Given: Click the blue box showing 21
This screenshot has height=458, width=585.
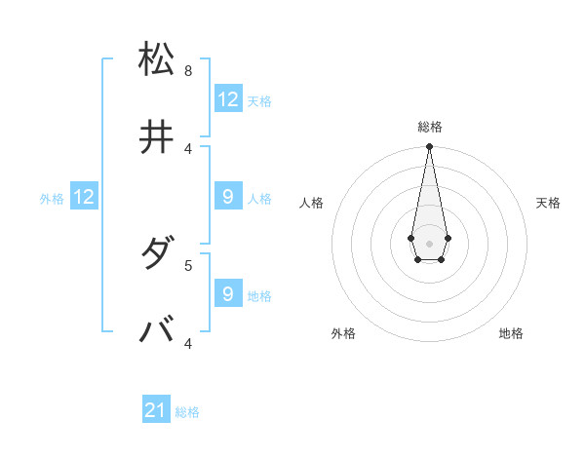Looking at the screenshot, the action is pos(156,410).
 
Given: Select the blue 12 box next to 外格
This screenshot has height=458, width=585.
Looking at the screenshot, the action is pos(84,197).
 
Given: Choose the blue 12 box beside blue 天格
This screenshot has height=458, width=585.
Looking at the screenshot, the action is pos(228,99).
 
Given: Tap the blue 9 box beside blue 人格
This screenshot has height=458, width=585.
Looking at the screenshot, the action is pos(228,197).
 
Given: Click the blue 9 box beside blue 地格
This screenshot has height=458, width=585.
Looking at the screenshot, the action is pos(228,293).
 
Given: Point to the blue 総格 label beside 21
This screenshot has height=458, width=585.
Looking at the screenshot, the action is pos(187,412).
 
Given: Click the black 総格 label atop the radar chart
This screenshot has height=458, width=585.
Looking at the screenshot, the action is pos(430,127).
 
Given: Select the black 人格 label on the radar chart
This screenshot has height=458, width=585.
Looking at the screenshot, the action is pos(312,203).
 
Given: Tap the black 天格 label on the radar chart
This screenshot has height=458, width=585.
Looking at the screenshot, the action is pos(548,203).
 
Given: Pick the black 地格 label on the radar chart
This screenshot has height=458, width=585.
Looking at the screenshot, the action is pos(511,333).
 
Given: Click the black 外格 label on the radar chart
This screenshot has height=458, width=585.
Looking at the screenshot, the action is pos(343,333).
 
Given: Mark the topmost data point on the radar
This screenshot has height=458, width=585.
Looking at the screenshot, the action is pos(429,147).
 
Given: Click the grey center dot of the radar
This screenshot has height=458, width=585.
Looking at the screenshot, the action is pos(429,242).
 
